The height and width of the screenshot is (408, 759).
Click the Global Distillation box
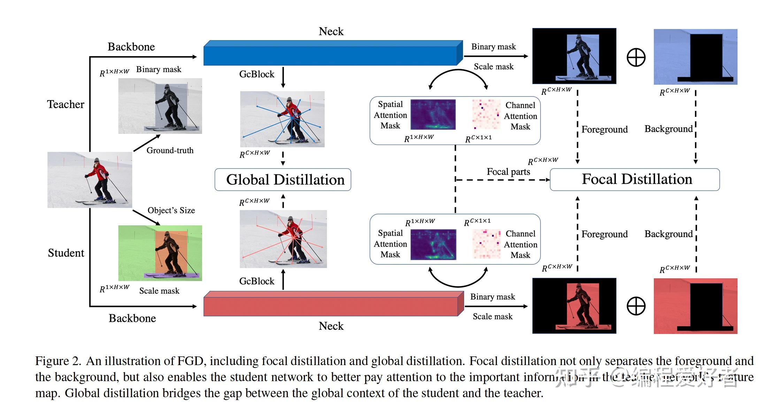pyautogui.click(x=283, y=180)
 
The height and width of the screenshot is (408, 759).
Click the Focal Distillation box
pyautogui.click(x=634, y=180)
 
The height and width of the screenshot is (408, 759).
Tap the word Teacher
pyautogui.click(x=66, y=104)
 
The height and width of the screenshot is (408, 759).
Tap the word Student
pyautogui.click(x=66, y=253)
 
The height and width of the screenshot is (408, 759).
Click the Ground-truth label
pyautogui.click(x=170, y=150)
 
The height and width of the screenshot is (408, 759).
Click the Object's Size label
pyautogui.click(x=171, y=210)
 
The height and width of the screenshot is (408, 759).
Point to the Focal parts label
pyautogui.click(x=508, y=172)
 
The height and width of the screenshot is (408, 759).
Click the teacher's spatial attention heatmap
pyautogui.click(x=433, y=114)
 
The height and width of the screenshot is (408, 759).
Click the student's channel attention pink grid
pyautogui.click(x=486, y=244)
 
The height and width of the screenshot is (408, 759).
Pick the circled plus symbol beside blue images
pyautogui.click(x=636, y=58)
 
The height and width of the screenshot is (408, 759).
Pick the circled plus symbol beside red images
pyautogui.click(x=636, y=306)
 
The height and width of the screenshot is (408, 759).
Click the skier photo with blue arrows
pyautogui.click(x=282, y=119)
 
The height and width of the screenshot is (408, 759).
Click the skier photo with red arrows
pyautogui.click(x=283, y=239)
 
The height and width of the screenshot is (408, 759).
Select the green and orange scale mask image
pyautogui.click(x=160, y=253)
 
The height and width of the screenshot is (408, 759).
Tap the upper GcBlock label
pyautogui.click(x=256, y=74)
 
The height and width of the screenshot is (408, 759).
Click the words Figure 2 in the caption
pyautogui.click(x=58, y=361)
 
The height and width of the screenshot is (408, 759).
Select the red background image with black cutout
pyautogui.click(x=695, y=306)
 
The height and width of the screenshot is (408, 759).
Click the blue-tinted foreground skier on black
pyautogui.click(x=574, y=56)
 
